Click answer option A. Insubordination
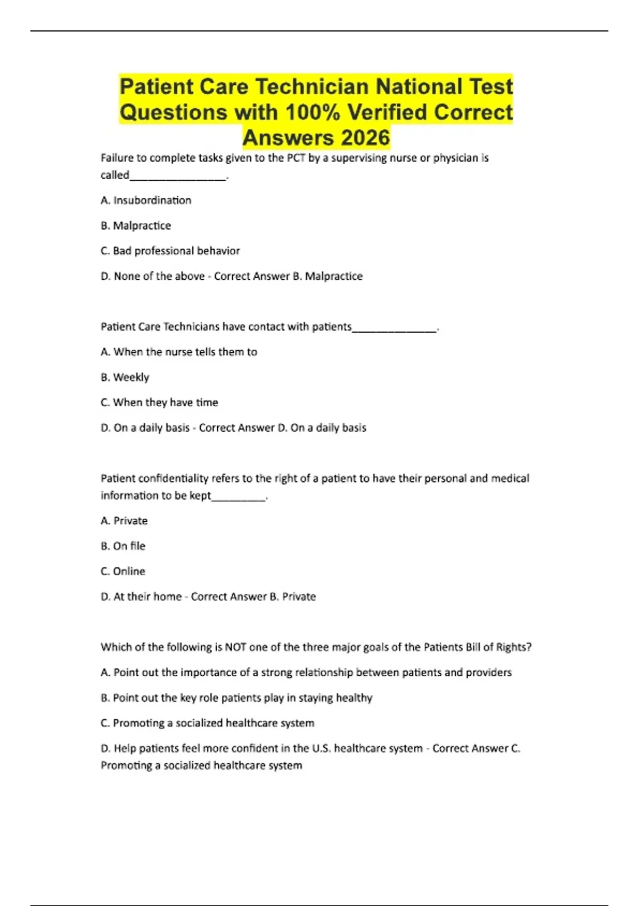(x=146, y=200)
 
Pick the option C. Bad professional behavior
(x=170, y=251)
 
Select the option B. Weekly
(x=125, y=377)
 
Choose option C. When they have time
(x=159, y=402)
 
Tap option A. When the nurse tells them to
(x=178, y=352)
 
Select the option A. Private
(x=124, y=521)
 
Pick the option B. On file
(x=123, y=546)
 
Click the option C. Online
(x=123, y=571)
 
